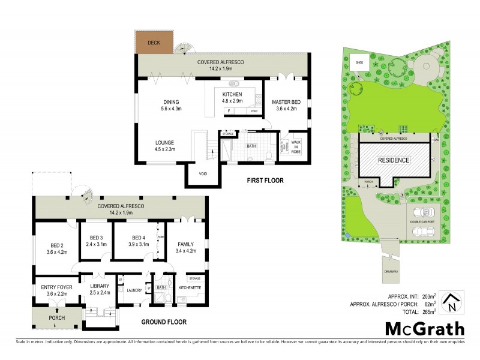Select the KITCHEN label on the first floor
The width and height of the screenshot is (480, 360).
click(x=232, y=95)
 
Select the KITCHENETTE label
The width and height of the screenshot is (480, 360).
click(x=191, y=289)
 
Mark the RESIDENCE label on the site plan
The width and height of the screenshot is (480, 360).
click(x=393, y=160)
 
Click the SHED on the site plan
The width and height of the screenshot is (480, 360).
click(x=360, y=62)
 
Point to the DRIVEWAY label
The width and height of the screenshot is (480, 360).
click(x=391, y=272)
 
